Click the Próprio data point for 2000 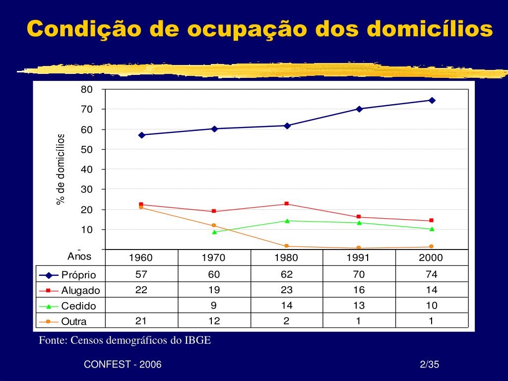pyautogui.click(x=432, y=100)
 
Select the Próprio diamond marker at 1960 pyautogui.click(x=141, y=135)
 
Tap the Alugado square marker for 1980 pyautogui.click(x=287, y=204)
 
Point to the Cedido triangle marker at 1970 pyautogui.click(x=214, y=232)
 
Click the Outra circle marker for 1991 pyautogui.click(x=358, y=248)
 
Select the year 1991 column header pyautogui.click(x=358, y=258)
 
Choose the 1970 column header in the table pyautogui.click(x=214, y=258)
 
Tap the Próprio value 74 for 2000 pyautogui.click(x=431, y=274)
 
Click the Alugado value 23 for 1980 pyautogui.click(x=287, y=290)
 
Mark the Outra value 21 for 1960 pyautogui.click(x=141, y=321)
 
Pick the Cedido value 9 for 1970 pyautogui.click(x=214, y=306)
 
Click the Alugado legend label pyautogui.click(x=80, y=291)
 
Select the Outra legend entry pyautogui.click(x=74, y=321)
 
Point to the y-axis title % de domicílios pyautogui.click(x=61, y=169)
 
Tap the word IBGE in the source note pyautogui.click(x=198, y=341)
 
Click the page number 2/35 pyautogui.click(x=430, y=365)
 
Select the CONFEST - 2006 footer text pyautogui.click(x=123, y=365)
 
